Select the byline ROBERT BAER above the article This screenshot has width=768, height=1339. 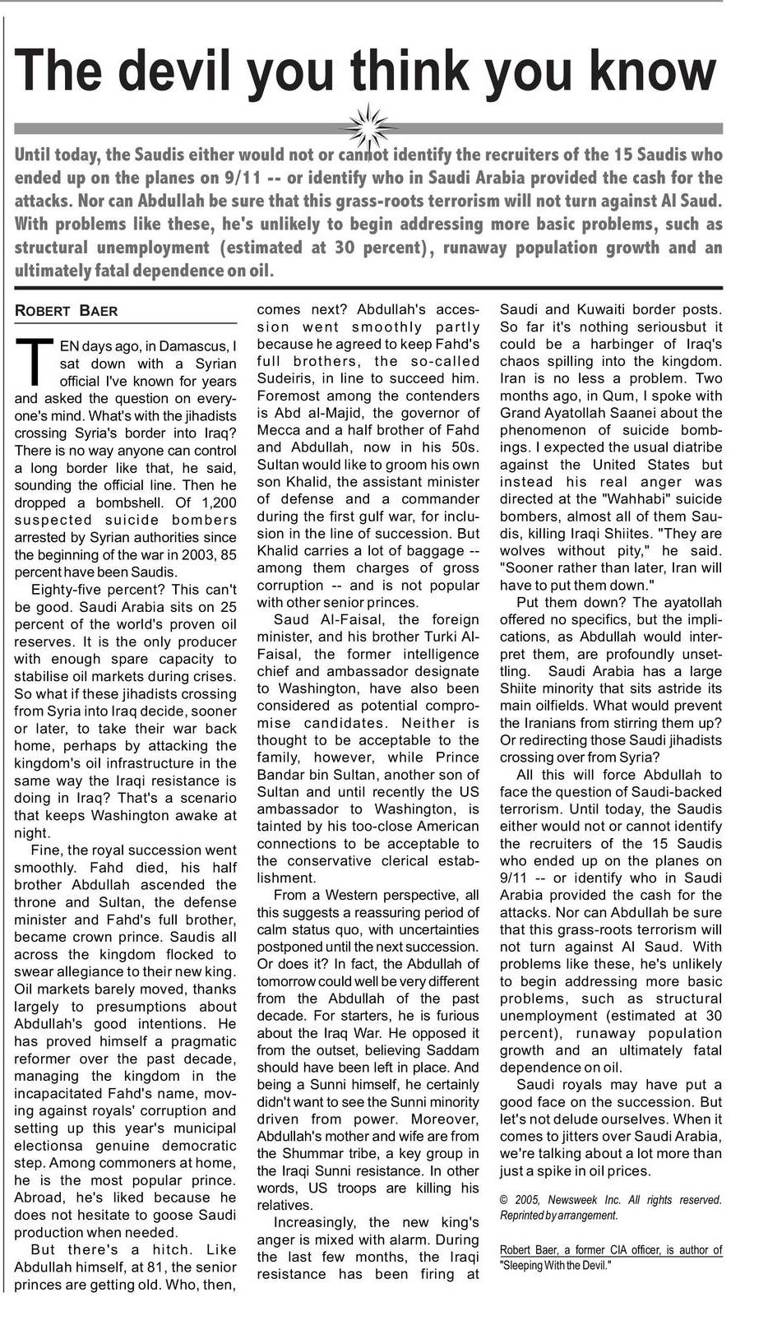(67, 311)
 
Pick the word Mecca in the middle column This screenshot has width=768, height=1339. (280, 430)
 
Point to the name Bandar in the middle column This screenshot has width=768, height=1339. (284, 775)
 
